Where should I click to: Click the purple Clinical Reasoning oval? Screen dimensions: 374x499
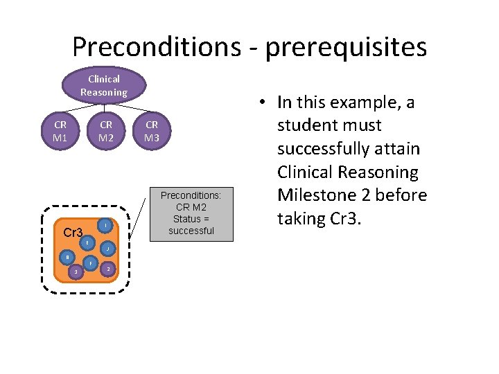(x=103, y=85)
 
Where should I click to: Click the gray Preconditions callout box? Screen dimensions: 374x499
(x=191, y=213)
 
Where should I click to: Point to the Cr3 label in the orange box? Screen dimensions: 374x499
(x=73, y=232)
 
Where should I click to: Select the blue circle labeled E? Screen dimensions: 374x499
(x=87, y=243)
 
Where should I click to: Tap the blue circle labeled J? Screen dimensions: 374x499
(x=107, y=249)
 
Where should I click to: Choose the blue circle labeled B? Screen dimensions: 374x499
(x=67, y=257)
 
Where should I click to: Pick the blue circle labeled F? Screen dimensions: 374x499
(x=90, y=264)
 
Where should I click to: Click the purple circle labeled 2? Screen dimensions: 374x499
(x=108, y=269)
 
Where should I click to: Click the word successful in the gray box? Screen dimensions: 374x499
(x=191, y=231)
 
